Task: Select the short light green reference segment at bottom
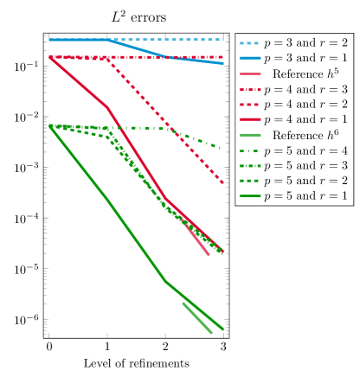point(197,317)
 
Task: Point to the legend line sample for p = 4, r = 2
point(249,105)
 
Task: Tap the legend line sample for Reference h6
point(249,135)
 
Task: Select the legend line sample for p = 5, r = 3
point(249,166)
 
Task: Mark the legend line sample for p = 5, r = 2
point(249,181)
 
